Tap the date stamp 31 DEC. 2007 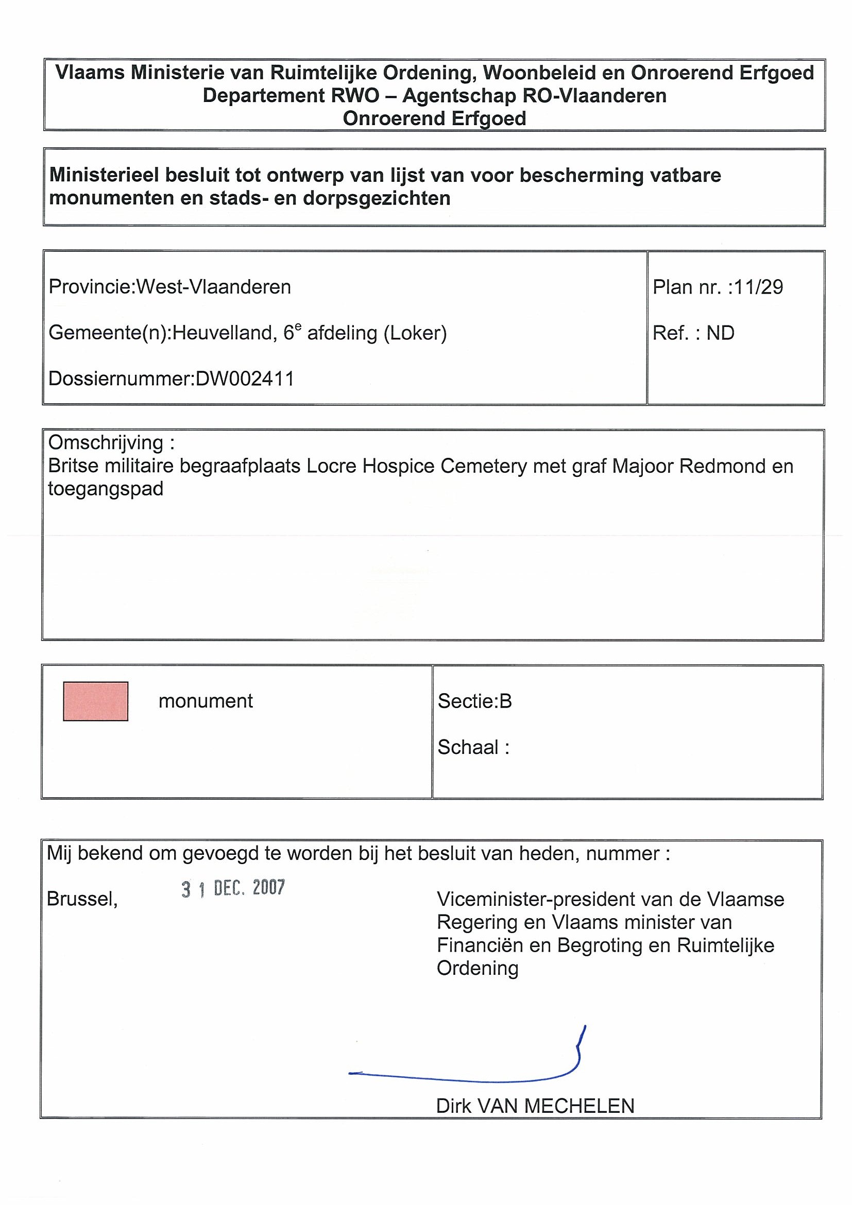[x=233, y=888]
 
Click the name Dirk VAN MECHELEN [x=535, y=1106]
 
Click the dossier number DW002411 [x=245, y=378]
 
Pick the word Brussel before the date [x=82, y=900]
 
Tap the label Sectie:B [x=474, y=701]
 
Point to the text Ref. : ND [x=693, y=333]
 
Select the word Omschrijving [x=106, y=442]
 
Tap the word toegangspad [x=106, y=489]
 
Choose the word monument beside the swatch [x=206, y=701]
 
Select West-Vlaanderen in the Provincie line [x=214, y=287]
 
